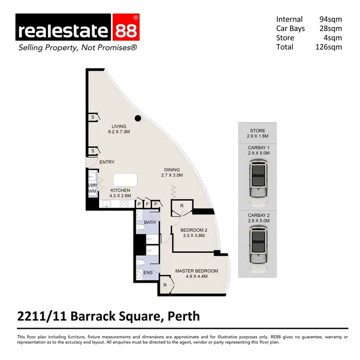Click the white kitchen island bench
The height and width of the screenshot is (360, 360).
pyautogui.click(x=125, y=180)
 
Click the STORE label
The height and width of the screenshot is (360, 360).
pyautogui.click(x=257, y=131)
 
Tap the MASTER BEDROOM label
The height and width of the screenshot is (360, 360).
pyautogui.click(x=196, y=271)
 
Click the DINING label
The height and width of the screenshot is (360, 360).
pyautogui.click(x=171, y=169)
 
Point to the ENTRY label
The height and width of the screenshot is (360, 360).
pyautogui.click(x=107, y=162)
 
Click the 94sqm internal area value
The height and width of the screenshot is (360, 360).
pyautogui.click(x=331, y=20)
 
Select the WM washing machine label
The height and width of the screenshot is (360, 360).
pyautogui.click(x=92, y=192)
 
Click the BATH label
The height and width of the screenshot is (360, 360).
pyautogui.click(x=149, y=223)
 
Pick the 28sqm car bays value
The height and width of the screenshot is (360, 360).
pyautogui.click(x=331, y=29)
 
